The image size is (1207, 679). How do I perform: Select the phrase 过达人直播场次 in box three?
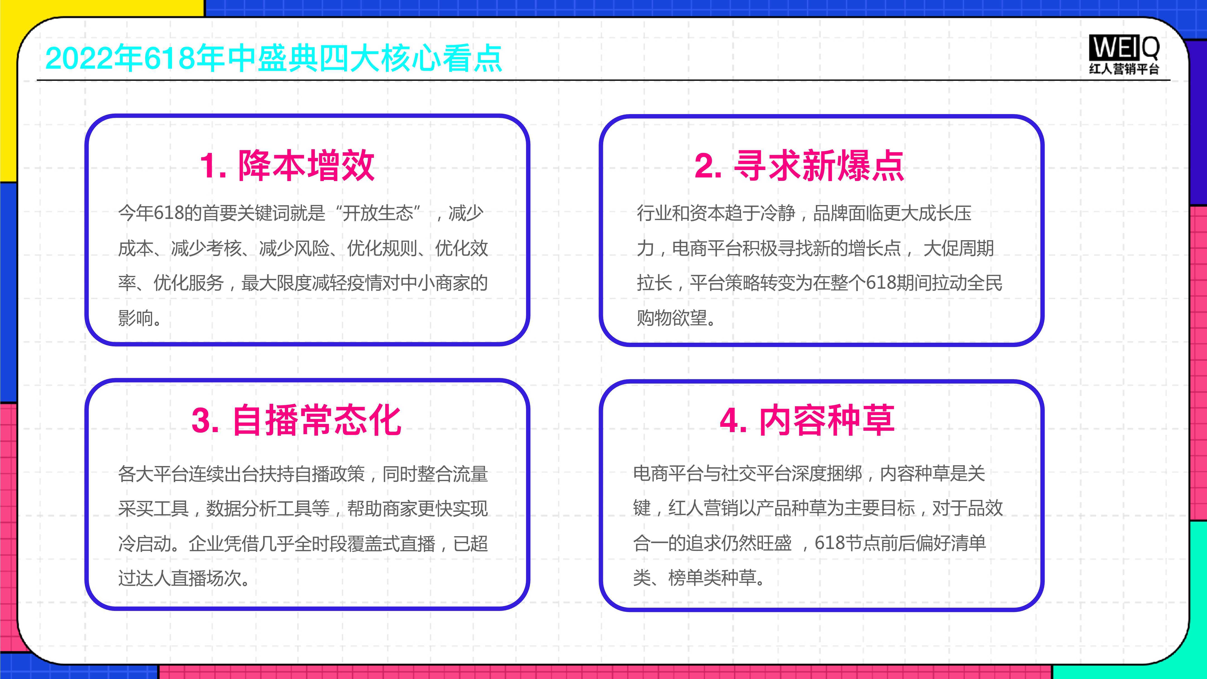(x=179, y=578)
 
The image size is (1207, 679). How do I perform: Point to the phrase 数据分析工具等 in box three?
(x=268, y=508)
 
